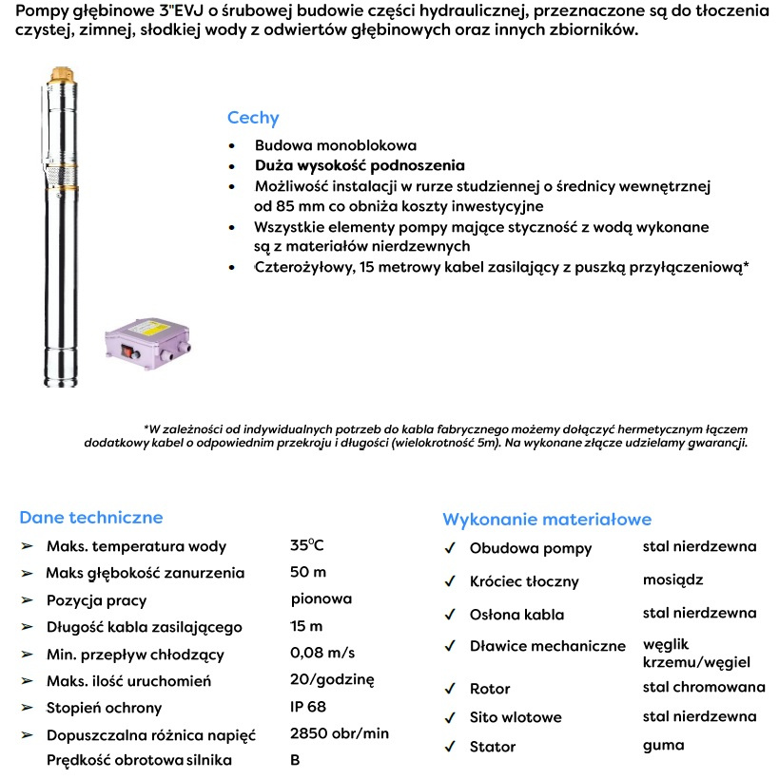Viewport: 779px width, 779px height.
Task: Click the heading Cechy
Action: [252, 119]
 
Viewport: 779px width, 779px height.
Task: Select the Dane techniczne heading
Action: [90, 518]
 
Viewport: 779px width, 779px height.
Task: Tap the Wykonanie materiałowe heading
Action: [547, 520]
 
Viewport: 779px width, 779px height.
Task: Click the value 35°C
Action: [307, 545]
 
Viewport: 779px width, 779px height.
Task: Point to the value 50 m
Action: [308, 572]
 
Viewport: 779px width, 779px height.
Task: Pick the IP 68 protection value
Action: [308, 707]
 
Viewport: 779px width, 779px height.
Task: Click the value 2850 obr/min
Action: [340, 733]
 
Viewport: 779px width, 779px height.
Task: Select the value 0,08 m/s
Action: [322, 653]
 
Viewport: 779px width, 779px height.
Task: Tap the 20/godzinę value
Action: [333, 679]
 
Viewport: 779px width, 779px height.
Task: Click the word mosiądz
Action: [672, 579]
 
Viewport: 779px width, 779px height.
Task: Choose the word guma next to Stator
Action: [663, 746]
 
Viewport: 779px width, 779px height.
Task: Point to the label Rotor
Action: [490, 689]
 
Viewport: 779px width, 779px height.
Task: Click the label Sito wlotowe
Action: [516, 717]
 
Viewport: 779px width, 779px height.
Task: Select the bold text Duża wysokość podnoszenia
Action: [360, 164]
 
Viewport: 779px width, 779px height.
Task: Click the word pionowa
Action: [321, 598]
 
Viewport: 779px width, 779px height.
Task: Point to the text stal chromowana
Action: [704, 687]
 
